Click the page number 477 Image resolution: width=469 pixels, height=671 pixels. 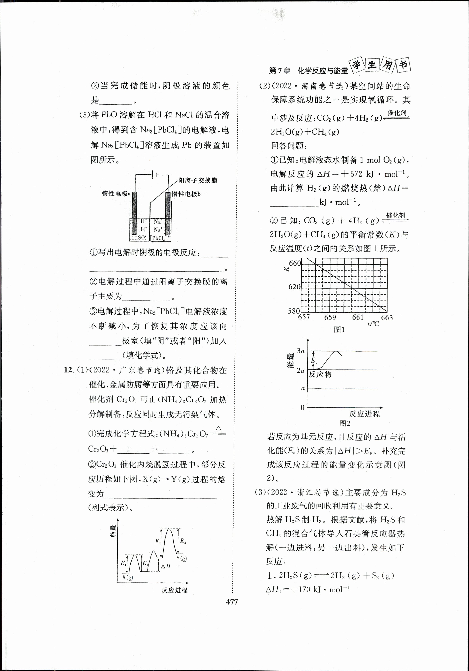click(x=232, y=602)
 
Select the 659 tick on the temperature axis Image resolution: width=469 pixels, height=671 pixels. click(x=330, y=317)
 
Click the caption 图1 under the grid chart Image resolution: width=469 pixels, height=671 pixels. click(x=339, y=330)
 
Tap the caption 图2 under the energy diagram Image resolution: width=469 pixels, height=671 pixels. click(x=345, y=423)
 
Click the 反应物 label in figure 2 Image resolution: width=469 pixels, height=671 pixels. click(x=320, y=374)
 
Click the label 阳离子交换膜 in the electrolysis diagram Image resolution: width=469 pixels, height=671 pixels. click(x=198, y=181)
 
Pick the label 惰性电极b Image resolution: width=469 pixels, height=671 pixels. click(x=186, y=194)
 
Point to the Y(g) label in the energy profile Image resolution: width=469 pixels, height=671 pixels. click(x=182, y=558)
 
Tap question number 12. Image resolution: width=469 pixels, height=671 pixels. click(x=69, y=370)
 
